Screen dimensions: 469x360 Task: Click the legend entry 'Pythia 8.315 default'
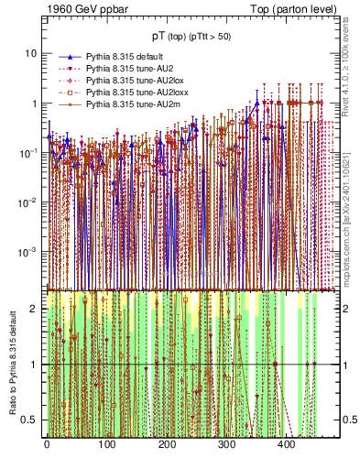pyautogui.click(x=127, y=57)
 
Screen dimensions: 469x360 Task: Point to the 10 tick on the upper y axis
pyautogui.click(x=30, y=53)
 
